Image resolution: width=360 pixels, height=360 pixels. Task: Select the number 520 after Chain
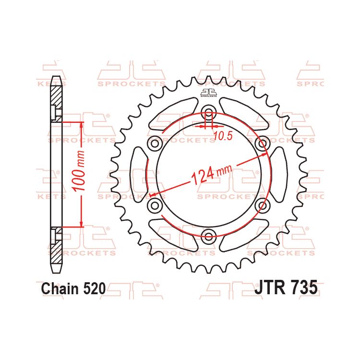click(92, 288)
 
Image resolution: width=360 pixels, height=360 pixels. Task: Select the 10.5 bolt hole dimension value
click(222, 136)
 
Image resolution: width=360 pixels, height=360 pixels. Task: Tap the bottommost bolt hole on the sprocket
click(208, 235)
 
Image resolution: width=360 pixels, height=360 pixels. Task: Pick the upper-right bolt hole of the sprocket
click(262, 143)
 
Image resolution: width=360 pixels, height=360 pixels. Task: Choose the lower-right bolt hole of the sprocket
click(262, 205)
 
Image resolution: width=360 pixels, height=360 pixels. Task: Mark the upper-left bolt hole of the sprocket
click(155, 143)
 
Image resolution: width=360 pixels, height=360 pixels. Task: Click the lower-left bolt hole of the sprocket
click(155, 205)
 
